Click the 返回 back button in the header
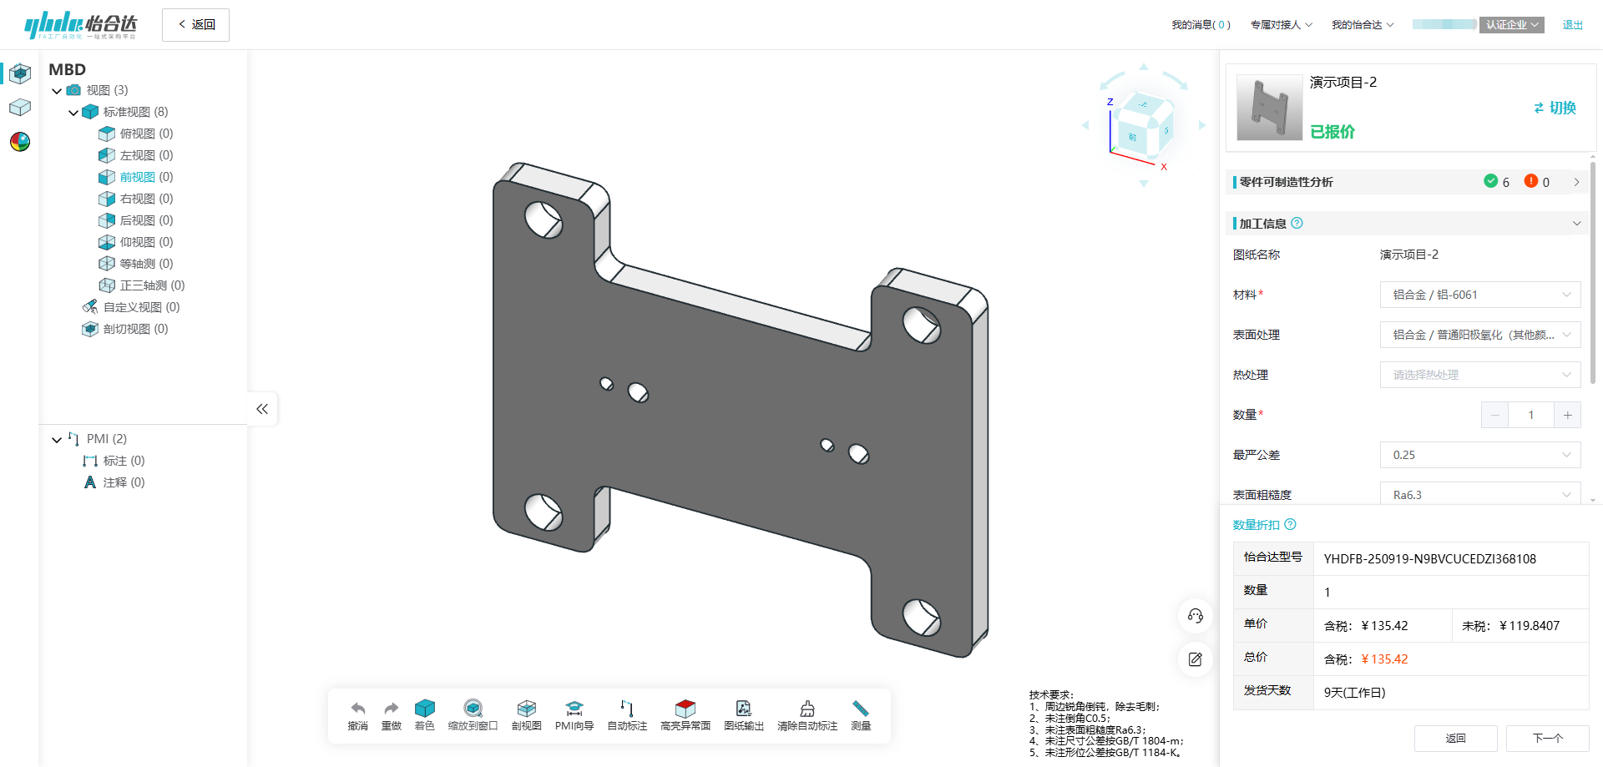point(195,25)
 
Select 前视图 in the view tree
point(137,177)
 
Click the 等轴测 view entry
point(137,264)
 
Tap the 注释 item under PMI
point(115,482)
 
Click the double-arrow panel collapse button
point(262,409)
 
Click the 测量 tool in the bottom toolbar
point(861,715)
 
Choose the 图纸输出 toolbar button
point(744,715)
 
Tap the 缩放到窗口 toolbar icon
point(473,715)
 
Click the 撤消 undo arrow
point(357,715)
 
